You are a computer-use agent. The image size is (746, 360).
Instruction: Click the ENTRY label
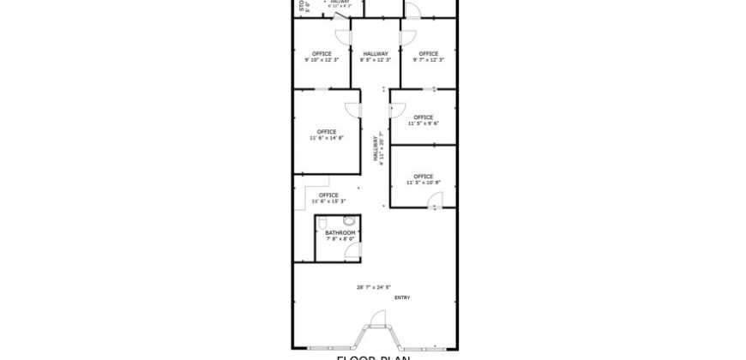pos(402,297)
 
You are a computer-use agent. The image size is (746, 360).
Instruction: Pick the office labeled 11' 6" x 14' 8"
pos(326,135)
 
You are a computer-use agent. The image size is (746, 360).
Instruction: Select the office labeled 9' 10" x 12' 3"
pos(322,57)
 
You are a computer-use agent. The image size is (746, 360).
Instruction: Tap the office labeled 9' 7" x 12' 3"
pos(429,57)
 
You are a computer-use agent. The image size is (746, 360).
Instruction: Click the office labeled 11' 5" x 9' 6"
pos(423,120)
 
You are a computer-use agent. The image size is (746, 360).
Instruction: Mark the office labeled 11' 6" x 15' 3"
pos(328,198)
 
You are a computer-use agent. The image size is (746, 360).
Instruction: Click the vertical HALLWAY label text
pos(376,149)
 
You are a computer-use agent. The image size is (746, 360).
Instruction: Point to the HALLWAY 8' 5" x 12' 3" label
pos(376,57)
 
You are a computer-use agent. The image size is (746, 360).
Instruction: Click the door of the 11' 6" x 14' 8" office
pos(352,109)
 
